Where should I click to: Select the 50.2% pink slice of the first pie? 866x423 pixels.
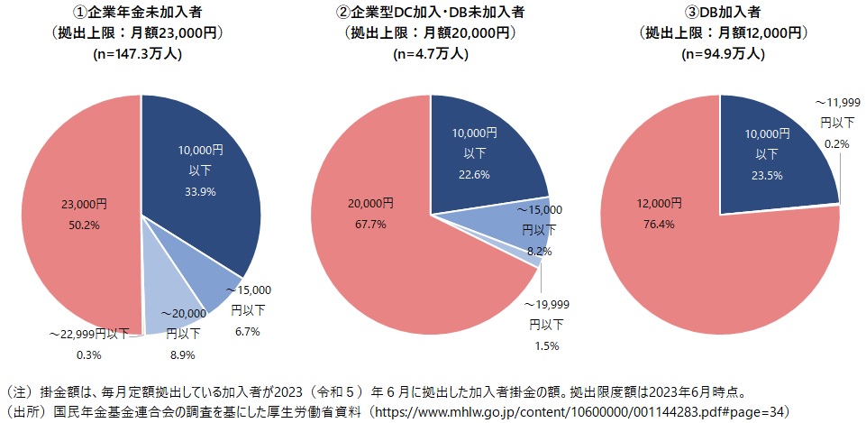pyautogui.click(x=77, y=212)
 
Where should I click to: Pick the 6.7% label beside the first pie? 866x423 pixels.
pyautogui.click(x=246, y=331)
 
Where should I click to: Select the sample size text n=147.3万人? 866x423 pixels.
pyautogui.click(x=140, y=52)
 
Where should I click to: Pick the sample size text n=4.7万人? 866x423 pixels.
pyautogui.click(x=431, y=52)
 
